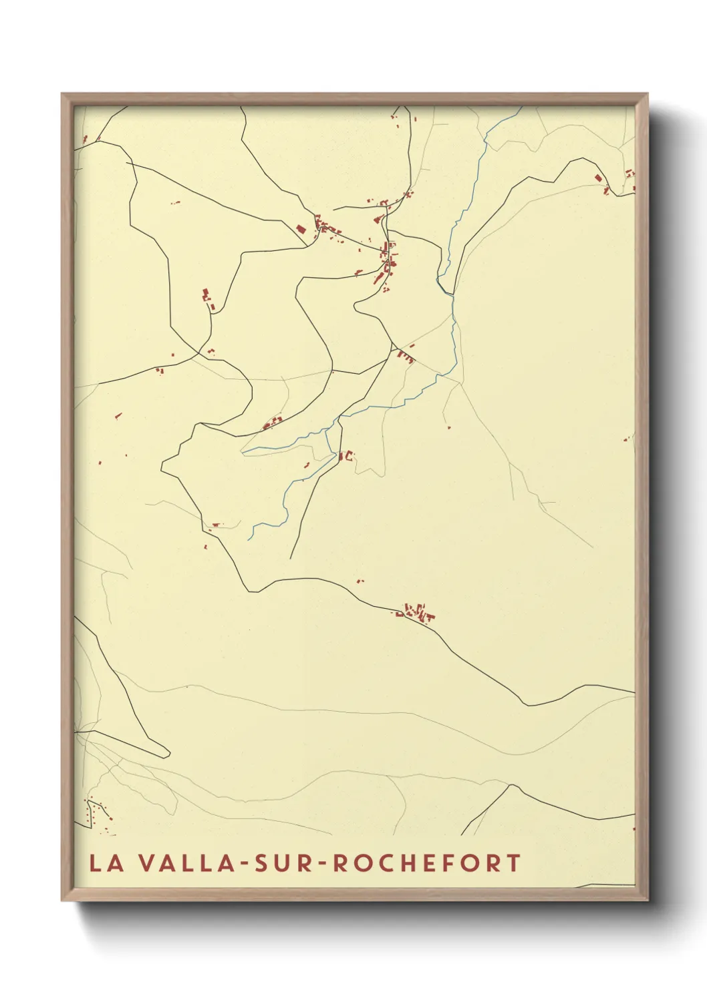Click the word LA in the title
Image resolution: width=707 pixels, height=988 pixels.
(x=106, y=863)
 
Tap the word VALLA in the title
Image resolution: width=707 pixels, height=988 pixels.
(x=181, y=863)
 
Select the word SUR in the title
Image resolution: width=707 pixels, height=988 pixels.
(x=280, y=863)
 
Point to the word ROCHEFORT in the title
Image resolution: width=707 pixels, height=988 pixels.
(x=426, y=863)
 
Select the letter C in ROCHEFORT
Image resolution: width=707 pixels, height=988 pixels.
(x=384, y=863)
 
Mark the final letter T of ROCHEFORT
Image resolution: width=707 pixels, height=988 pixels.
(x=513, y=863)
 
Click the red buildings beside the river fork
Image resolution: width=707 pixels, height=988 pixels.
(x=345, y=457)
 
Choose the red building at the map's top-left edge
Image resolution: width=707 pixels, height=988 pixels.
(x=85, y=140)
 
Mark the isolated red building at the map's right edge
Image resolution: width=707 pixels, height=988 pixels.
(x=629, y=439)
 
